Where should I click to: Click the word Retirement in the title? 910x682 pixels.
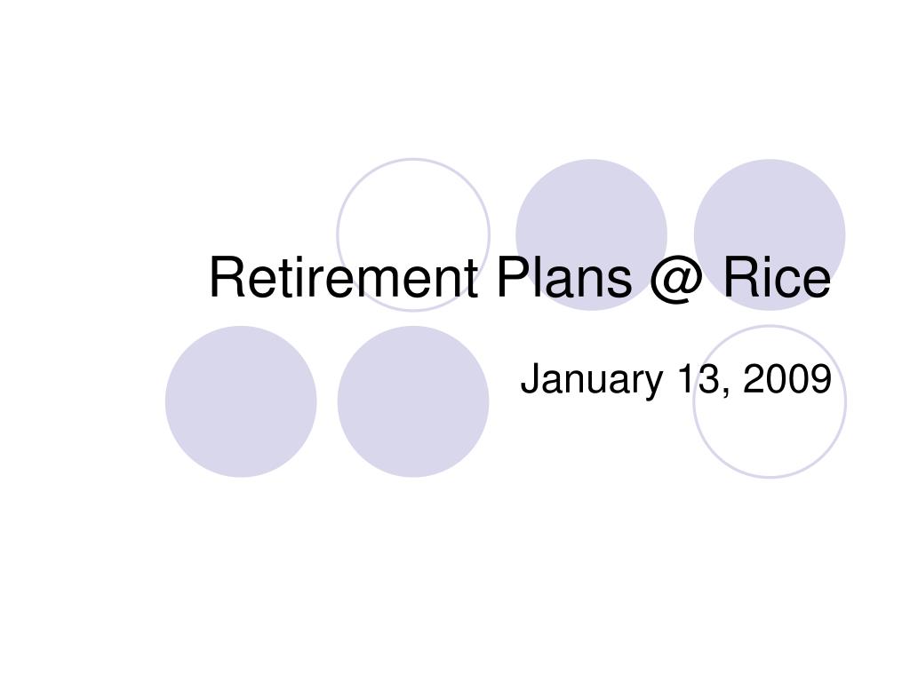click(x=343, y=277)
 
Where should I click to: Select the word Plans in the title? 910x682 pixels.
click(x=563, y=277)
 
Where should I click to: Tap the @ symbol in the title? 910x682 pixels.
click(x=676, y=281)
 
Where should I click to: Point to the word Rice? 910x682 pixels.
click(x=777, y=277)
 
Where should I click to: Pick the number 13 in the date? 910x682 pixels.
click(x=698, y=378)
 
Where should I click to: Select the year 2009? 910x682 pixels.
click(x=787, y=378)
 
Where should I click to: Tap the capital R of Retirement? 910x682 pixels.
click(x=227, y=277)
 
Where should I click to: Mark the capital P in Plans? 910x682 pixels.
click(x=513, y=277)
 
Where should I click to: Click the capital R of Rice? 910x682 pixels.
click(x=740, y=277)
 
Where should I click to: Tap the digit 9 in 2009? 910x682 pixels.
click(x=821, y=378)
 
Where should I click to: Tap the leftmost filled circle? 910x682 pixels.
click(x=241, y=401)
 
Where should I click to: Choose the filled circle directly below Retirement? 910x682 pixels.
click(x=413, y=401)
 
